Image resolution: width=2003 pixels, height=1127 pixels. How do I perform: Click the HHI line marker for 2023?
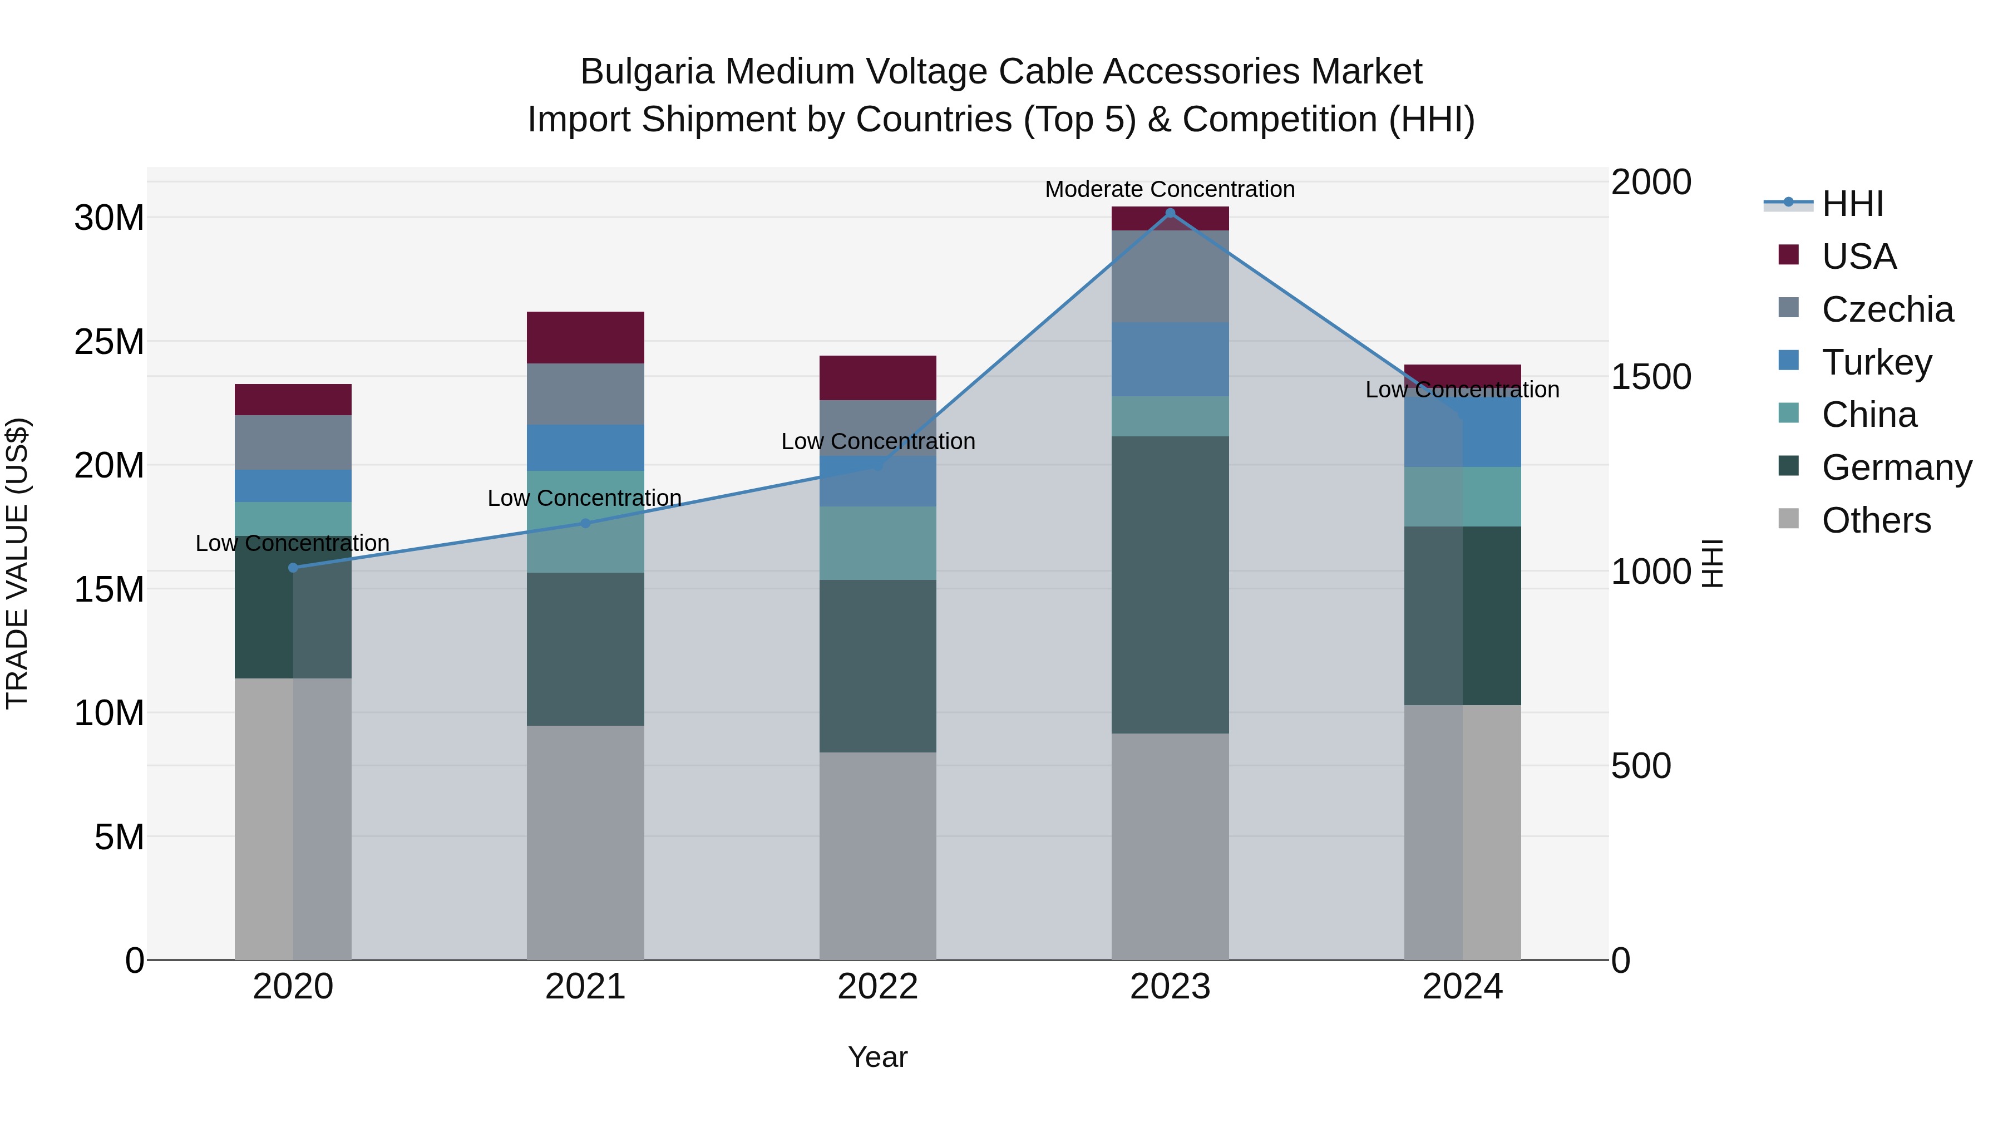1170,213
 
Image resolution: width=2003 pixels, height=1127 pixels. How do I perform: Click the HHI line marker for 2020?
293,568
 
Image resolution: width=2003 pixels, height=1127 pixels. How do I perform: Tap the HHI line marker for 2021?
585,524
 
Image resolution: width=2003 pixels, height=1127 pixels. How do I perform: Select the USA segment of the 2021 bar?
585,338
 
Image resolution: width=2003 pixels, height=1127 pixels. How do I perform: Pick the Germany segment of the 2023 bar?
1170,585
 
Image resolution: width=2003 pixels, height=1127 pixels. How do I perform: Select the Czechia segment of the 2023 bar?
1170,276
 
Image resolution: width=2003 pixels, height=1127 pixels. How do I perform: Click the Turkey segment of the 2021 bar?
585,448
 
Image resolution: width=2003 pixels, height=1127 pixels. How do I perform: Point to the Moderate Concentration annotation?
1170,189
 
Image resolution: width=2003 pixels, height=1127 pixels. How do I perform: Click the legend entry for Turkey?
1876,362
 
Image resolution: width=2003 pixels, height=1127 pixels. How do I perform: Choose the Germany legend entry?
1896,467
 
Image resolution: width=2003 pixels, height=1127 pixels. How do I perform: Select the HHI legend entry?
1852,204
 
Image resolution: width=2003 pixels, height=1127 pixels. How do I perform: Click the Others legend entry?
1876,520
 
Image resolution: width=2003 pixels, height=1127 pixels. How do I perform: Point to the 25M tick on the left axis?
109,342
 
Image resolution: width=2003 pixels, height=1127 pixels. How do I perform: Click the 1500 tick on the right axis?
1651,377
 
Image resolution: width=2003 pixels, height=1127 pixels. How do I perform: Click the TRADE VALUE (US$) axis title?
17,563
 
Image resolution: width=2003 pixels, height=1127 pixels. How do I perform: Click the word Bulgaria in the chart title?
647,72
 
